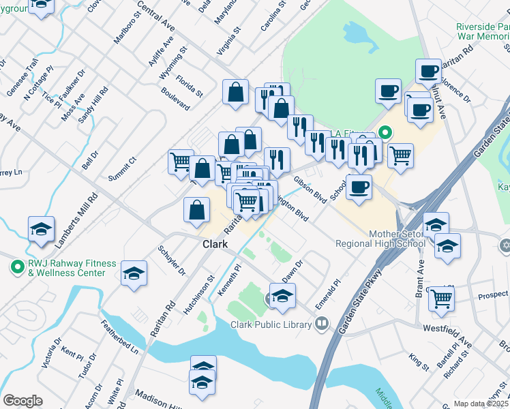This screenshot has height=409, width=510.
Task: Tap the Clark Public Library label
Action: click(x=271, y=325)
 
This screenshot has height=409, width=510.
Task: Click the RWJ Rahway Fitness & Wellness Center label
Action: click(x=63, y=268)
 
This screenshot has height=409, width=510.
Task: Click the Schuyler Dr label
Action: click(x=172, y=261)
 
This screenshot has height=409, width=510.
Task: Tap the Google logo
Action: click(x=22, y=401)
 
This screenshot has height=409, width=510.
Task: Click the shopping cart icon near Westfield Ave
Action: click(x=442, y=297)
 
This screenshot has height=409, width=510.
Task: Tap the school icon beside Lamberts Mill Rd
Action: click(x=41, y=228)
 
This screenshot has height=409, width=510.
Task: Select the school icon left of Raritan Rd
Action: click(x=134, y=273)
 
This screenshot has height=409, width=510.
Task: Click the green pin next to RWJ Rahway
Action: click(x=14, y=267)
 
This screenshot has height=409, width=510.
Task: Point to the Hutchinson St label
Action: click(x=199, y=289)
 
